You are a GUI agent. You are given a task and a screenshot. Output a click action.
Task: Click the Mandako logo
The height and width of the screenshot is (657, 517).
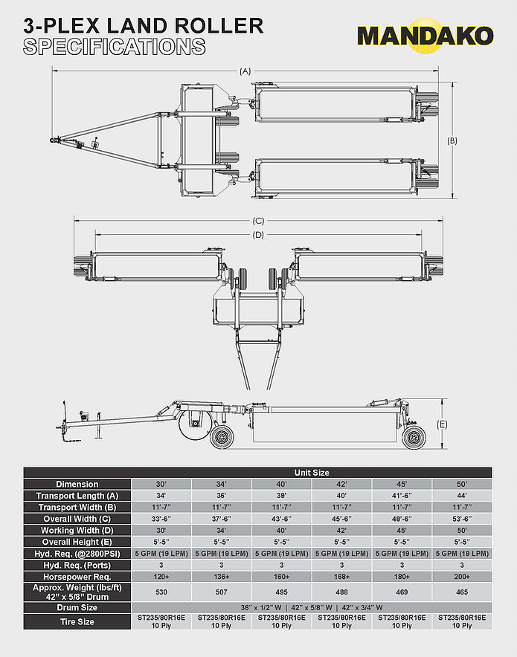[426, 36]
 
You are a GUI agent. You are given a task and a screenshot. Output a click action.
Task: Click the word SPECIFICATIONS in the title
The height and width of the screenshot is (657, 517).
[114, 47]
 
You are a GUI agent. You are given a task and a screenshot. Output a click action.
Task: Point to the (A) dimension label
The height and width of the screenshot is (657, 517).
[245, 71]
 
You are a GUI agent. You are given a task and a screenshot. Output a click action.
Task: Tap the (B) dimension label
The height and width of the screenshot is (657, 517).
[452, 140]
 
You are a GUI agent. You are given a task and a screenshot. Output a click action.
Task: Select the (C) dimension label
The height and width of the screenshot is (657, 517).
[258, 221]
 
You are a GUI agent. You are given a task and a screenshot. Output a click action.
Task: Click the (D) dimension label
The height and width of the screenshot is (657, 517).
[258, 235]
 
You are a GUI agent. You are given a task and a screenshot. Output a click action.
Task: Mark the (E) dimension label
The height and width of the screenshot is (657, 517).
[442, 424]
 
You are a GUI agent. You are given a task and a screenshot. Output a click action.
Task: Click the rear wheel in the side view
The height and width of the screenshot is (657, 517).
[414, 438]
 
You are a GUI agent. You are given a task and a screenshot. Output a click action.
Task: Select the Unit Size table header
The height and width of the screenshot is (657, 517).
[312, 473]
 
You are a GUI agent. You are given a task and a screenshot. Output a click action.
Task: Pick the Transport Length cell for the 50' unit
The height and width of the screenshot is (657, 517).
[462, 496]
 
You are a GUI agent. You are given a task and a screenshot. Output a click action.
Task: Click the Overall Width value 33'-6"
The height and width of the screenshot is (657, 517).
[161, 519]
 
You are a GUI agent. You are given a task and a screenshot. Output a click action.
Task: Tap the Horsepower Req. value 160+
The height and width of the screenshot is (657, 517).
[281, 577]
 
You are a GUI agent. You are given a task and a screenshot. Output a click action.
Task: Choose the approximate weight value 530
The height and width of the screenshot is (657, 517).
[161, 592]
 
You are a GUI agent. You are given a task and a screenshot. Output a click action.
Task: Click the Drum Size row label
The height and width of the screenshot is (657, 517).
[77, 607]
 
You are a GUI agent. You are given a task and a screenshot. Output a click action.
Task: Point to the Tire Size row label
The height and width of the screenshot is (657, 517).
[77, 622]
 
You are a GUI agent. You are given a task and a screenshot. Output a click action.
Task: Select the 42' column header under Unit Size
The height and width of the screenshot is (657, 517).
[341, 484]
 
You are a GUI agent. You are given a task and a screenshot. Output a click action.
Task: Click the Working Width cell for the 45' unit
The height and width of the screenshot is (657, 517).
[402, 531]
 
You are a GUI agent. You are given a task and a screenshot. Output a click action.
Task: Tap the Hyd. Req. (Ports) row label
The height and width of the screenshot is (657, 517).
[77, 566]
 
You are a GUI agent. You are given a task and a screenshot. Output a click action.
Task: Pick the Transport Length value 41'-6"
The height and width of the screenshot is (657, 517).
[402, 496]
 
